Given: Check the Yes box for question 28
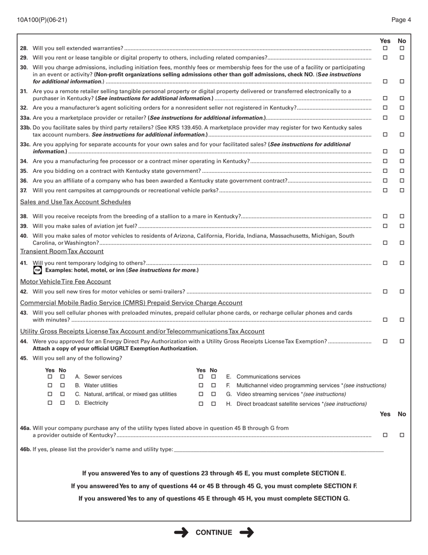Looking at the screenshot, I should coord(385,48).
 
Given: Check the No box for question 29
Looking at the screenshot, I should coord(402,58).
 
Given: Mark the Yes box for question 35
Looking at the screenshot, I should coord(385,171).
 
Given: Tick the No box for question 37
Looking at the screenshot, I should coord(402,190).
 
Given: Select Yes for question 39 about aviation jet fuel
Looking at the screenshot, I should coord(385,226).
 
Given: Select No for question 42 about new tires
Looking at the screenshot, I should coord(402,291).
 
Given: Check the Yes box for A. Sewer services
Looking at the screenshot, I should coord(50,377).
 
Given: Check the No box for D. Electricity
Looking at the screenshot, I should coord(63,403).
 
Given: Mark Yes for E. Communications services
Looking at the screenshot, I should coord(201,377).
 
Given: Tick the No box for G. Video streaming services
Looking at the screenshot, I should coord(214,394).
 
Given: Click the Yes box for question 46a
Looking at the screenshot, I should coord(385,435).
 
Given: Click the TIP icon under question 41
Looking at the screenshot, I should coord(38,270).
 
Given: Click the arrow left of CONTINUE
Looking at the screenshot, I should coord(181,532).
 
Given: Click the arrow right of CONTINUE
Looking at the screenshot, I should coord(247,532).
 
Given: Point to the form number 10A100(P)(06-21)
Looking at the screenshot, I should coord(42,20).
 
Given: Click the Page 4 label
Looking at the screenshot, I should coord(401,20).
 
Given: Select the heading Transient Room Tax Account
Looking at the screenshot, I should coord(62,251).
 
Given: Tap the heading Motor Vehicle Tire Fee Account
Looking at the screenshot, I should coord(65,282).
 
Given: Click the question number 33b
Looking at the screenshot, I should coord(26,128).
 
